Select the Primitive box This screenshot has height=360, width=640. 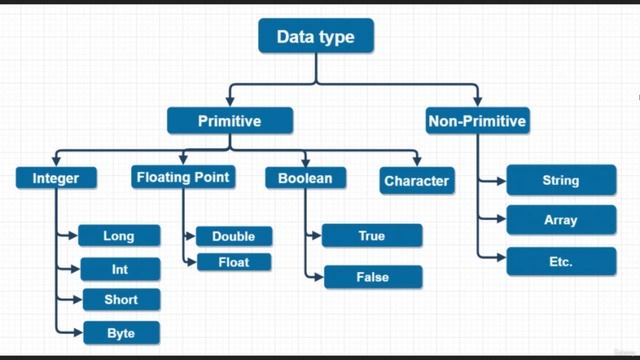(x=230, y=121)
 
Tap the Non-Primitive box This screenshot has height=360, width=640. (x=477, y=121)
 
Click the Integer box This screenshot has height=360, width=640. (x=55, y=179)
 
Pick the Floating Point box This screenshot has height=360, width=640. (x=182, y=177)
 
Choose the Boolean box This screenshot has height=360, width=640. (x=306, y=178)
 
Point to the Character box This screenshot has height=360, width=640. (x=416, y=181)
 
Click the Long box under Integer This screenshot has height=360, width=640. (x=118, y=236)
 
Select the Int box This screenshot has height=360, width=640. (x=118, y=269)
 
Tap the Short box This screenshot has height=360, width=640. (x=120, y=299)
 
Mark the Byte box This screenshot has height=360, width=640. (x=120, y=332)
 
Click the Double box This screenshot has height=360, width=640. (x=233, y=237)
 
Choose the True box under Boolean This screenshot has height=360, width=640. (x=371, y=236)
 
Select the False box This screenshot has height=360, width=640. (x=372, y=276)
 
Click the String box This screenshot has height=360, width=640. (x=561, y=181)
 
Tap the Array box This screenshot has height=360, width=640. (x=561, y=220)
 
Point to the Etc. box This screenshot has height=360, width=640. (x=561, y=261)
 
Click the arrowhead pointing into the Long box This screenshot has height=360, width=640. (x=74, y=236)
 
